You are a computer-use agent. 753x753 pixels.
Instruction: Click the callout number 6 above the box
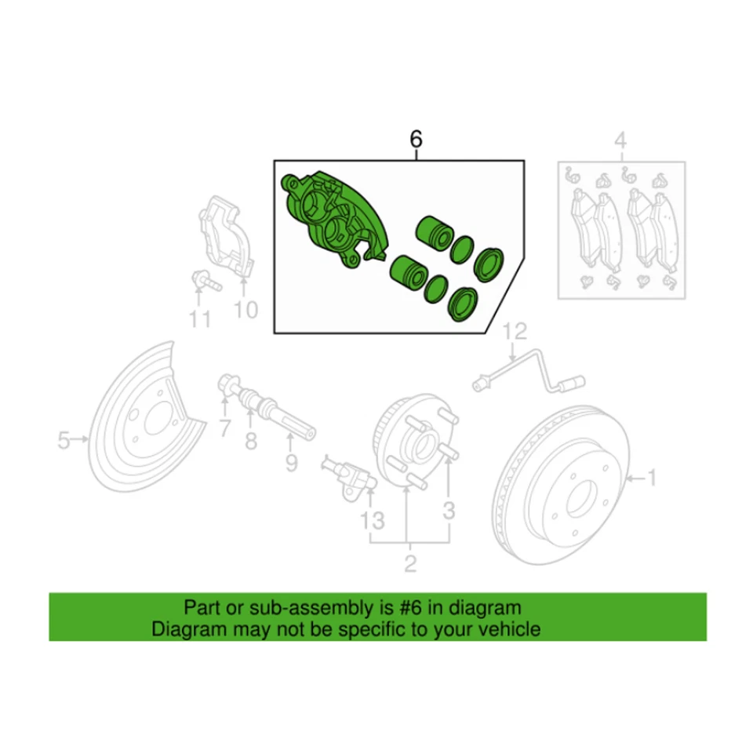416,140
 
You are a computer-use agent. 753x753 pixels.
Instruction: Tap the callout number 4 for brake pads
620,142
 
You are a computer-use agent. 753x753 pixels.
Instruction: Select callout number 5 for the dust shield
64,442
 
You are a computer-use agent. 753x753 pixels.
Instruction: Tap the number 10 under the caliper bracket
246,311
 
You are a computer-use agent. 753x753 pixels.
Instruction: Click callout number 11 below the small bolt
200,319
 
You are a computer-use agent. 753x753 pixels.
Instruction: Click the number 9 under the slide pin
291,464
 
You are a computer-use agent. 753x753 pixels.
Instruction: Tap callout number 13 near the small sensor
373,519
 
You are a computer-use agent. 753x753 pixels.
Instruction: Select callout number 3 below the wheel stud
448,512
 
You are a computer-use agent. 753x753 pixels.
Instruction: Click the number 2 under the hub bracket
409,562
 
